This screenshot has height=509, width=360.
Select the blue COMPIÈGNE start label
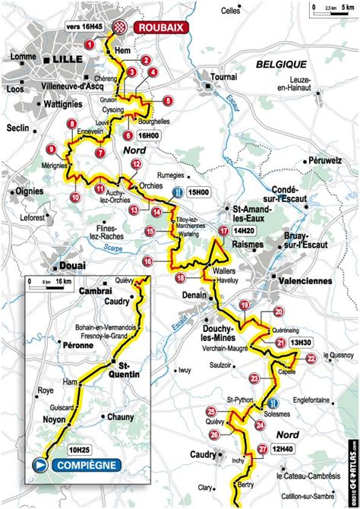(x=86, y=465)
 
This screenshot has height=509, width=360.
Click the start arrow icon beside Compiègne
(x=39, y=465)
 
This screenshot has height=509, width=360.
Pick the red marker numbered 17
(x=223, y=230)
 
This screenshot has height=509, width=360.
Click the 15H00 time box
(x=199, y=193)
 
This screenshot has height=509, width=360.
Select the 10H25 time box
(x=80, y=449)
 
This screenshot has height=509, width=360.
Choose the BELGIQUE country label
(x=281, y=64)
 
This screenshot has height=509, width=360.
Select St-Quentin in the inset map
(x=124, y=368)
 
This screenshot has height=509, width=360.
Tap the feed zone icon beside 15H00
(x=177, y=193)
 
